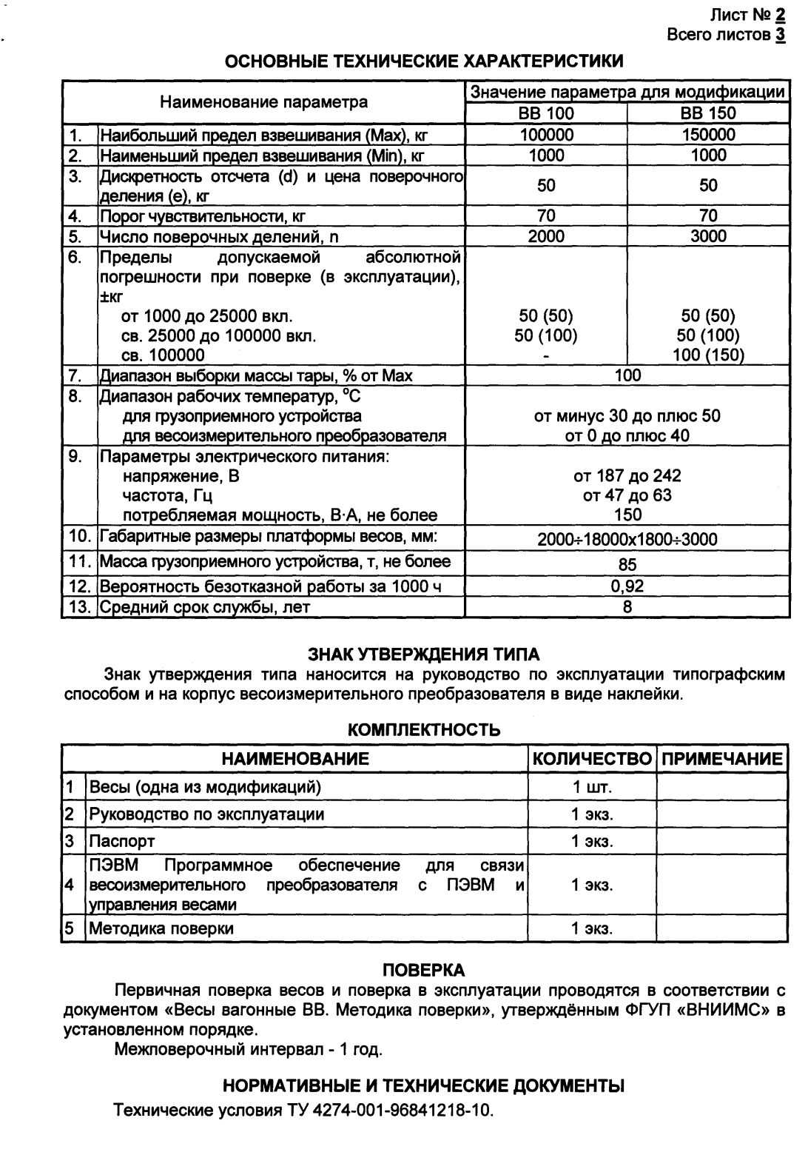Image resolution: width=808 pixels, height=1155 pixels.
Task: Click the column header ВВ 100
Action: (545, 113)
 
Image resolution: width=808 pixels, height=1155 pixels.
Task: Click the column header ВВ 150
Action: (708, 113)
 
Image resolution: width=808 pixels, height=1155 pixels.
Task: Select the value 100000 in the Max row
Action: (545, 135)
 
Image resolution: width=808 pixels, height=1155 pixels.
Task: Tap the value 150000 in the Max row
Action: (708, 135)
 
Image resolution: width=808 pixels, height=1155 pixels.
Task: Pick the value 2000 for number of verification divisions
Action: (545, 236)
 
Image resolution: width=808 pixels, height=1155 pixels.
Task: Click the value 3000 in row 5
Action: (708, 236)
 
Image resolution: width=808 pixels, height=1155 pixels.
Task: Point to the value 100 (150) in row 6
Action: (708, 355)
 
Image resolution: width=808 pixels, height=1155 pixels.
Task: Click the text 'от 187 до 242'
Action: (627, 475)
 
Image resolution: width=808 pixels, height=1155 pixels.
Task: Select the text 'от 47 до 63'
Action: (627, 495)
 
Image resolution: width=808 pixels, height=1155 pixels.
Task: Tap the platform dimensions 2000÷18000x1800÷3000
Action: (627, 539)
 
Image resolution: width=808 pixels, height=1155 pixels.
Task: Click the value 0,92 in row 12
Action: (627, 586)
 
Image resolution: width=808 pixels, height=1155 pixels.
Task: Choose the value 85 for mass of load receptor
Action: (627, 564)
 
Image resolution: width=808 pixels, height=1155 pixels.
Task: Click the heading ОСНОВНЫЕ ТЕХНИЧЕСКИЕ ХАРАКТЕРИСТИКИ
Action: (423, 61)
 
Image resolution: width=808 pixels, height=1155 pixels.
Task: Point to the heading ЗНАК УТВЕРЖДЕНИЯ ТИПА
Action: (423, 654)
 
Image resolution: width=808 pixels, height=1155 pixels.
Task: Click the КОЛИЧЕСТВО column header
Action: (592, 759)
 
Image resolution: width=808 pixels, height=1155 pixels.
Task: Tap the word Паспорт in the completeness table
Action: (122, 841)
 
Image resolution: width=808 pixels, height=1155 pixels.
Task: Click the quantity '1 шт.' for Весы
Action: (592, 786)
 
